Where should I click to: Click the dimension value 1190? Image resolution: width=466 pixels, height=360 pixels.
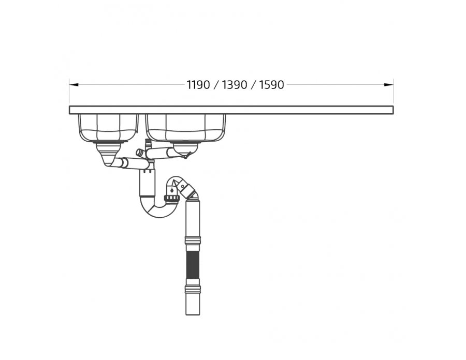click(198, 85)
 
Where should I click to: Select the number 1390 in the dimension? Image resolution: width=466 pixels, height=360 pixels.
click(234, 85)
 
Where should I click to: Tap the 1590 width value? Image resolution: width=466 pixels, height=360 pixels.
click(271, 85)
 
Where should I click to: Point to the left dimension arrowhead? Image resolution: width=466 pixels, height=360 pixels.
click(74, 85)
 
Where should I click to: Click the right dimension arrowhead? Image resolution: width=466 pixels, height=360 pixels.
click(389, 85)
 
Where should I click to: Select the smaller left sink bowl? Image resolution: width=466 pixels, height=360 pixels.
click(108, 127)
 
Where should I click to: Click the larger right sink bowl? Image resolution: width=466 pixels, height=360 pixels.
click(186, 127)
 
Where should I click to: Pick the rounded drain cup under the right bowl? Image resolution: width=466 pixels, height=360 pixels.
click(185, 148)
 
